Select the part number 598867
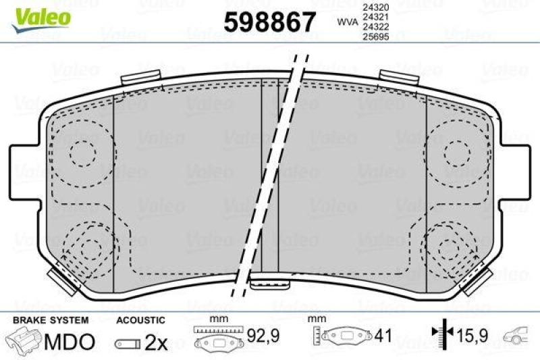[270, 23]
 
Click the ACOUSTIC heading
[140, 319]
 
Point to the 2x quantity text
[157, 342]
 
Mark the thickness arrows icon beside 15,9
[442, 333]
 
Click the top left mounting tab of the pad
[139, 78]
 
